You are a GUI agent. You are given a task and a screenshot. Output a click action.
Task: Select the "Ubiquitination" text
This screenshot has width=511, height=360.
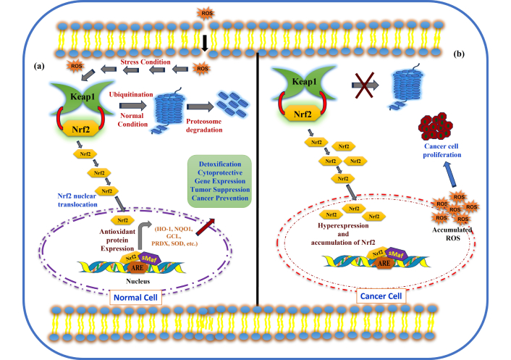[132, 95]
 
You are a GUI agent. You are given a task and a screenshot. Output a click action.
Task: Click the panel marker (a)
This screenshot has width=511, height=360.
[43, 66]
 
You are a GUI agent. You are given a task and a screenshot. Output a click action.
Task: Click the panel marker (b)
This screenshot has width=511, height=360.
[459, 54]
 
